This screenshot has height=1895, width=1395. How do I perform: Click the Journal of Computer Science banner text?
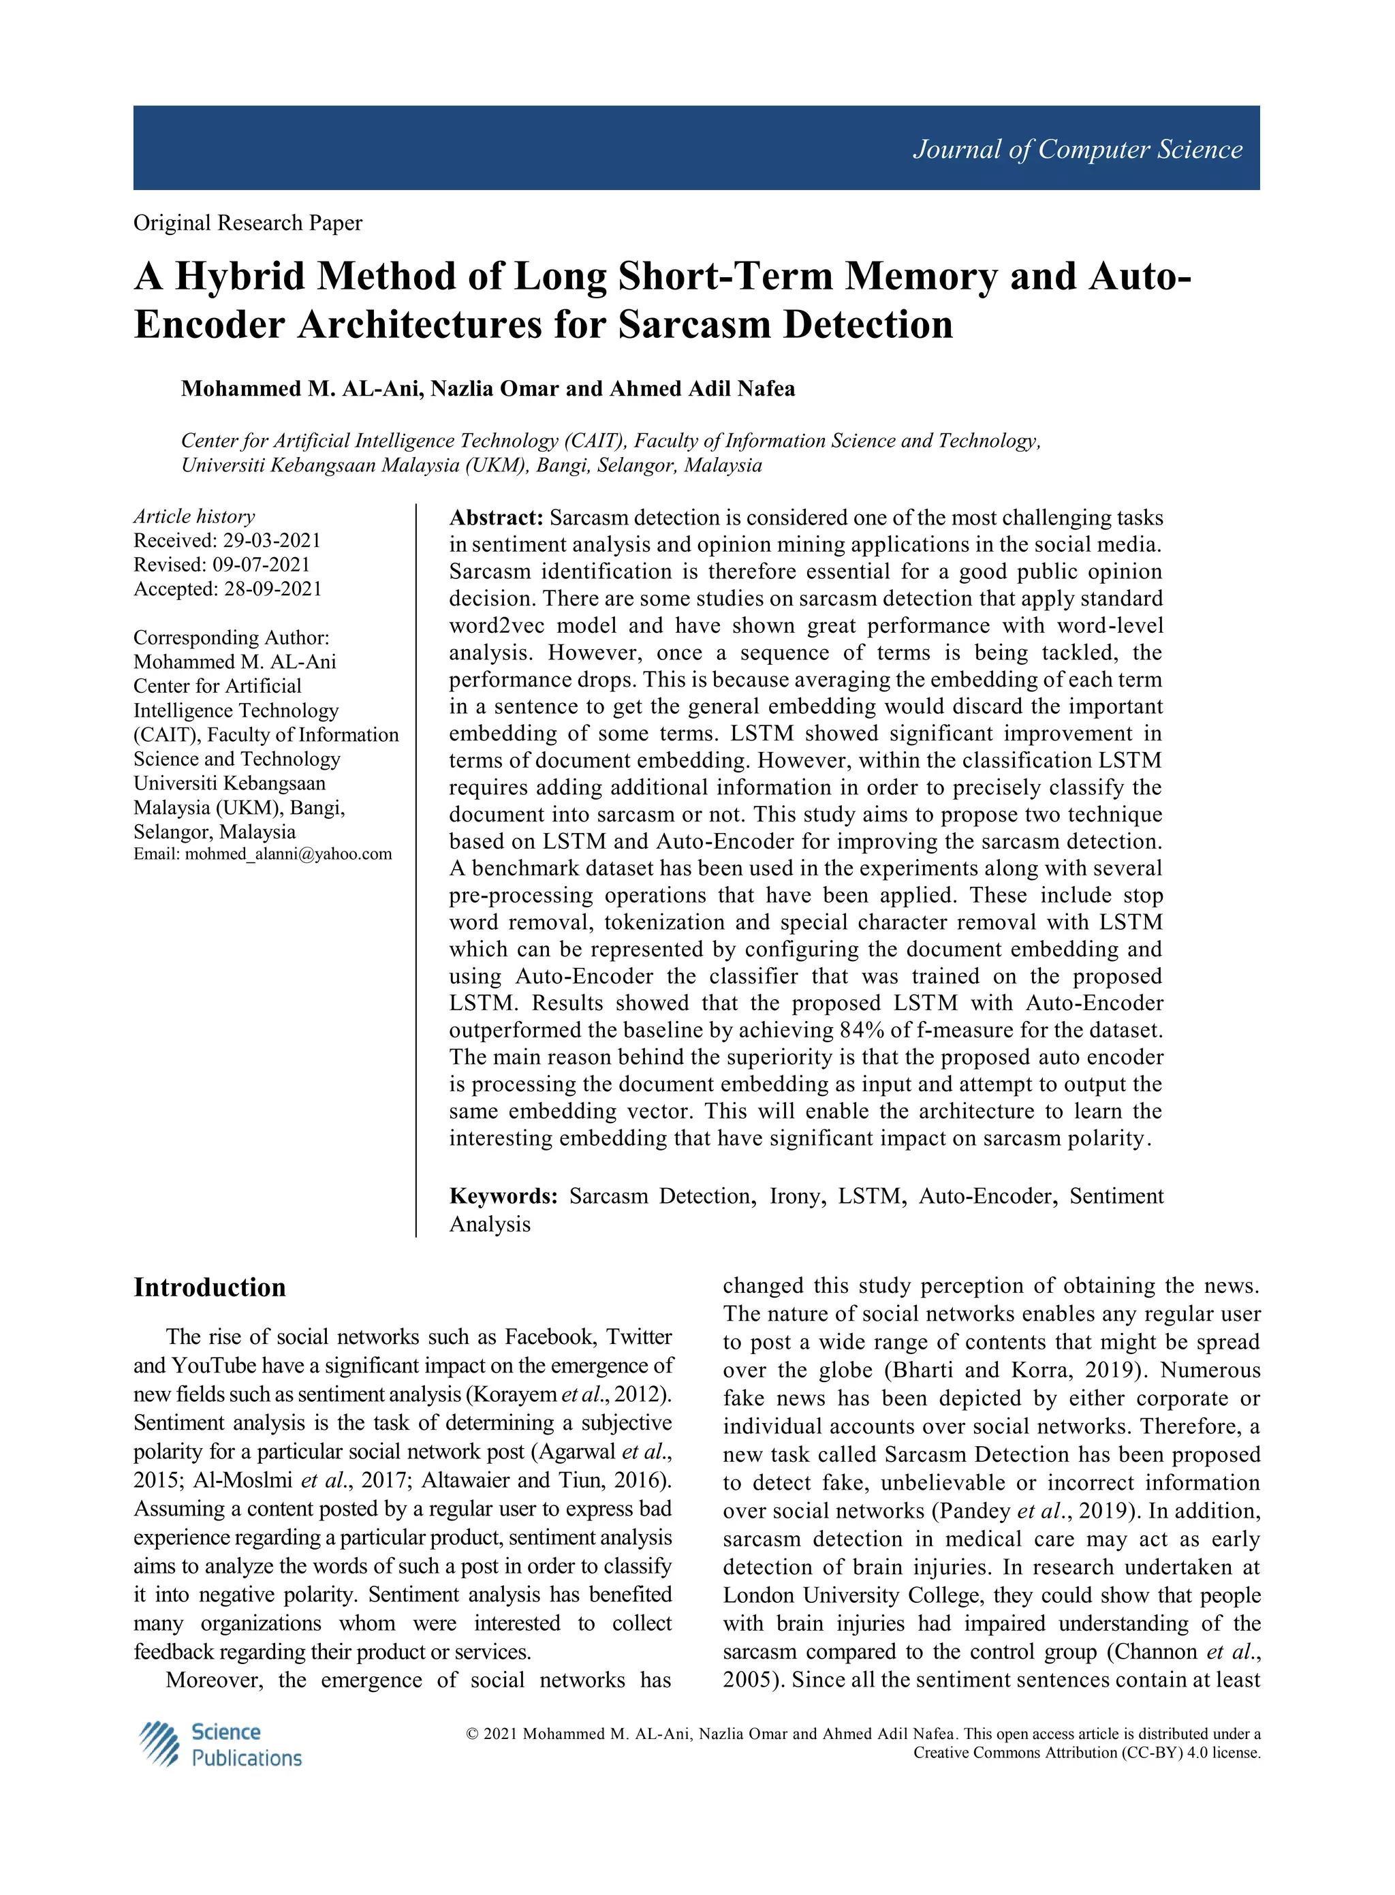(1077, 149)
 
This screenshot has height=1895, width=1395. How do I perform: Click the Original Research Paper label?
(247, 223)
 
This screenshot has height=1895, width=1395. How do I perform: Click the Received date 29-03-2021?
(271, 540)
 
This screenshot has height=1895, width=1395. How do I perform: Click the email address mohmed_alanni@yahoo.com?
(288, 853)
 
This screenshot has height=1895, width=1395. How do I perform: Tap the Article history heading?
(194, 516)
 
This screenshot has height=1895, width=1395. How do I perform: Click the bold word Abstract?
(496, 518)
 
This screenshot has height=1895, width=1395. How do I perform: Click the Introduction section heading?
(209, 1288)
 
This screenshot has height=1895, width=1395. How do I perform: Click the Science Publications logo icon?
(159, 1744)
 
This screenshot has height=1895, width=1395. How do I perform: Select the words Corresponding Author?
(232, 638)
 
